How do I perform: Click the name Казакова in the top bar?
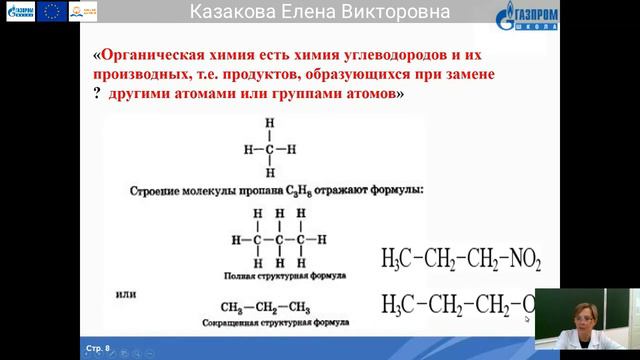pyautogui.click(x=231, y=12)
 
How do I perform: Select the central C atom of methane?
pyautogui.click(x=269, y=149)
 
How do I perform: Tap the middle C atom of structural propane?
pyautogui.click(x=284, y=241)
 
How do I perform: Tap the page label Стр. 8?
pyautogui.click(x=98, y=348)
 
